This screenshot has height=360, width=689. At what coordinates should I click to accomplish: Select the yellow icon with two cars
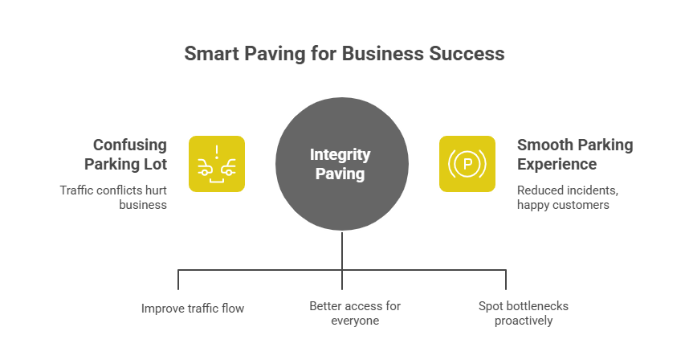217,164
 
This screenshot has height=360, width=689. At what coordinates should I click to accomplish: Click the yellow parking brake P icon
467,164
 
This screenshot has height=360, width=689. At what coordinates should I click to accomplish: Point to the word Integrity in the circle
341,154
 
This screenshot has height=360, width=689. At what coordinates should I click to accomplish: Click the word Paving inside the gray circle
341,173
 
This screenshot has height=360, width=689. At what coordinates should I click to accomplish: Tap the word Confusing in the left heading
130,145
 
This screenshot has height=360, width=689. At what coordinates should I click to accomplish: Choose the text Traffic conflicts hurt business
113,198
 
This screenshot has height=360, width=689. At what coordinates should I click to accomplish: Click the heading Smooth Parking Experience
574,154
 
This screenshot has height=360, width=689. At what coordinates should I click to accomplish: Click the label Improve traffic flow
193,308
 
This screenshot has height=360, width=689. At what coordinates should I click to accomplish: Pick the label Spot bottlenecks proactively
524,313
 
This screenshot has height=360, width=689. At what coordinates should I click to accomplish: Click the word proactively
524,321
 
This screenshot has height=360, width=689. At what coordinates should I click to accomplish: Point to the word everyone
354,321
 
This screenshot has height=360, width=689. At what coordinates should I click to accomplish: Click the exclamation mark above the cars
217,150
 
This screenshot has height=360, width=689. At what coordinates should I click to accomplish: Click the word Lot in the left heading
157,164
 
